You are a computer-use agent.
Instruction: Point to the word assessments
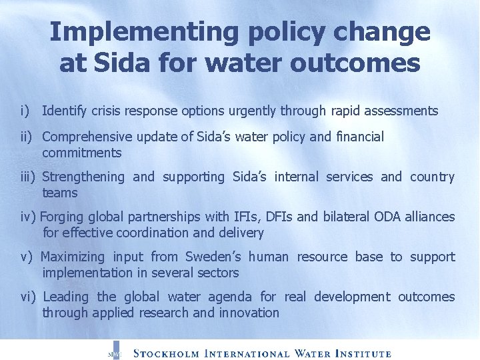click(398, 111)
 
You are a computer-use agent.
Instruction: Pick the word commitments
click(82, 153)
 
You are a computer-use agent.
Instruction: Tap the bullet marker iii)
click(28, 177)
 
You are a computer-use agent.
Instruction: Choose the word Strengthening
click(83, 177)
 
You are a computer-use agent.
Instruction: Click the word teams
click(60, 193)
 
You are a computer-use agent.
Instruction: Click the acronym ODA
click(386, 217)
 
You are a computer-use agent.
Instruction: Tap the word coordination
click(155, 233)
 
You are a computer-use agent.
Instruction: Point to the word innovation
click(249, 313)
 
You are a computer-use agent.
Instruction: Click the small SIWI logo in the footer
click(114, 352)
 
